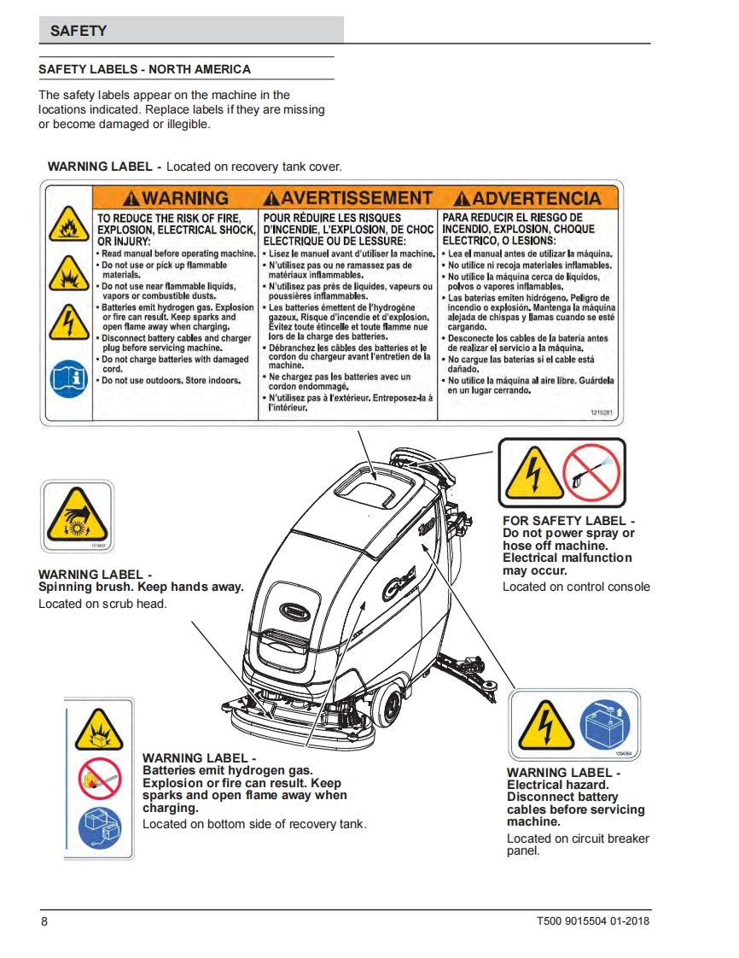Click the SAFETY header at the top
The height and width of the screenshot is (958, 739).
tap(79, 31)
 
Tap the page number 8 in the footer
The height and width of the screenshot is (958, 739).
tap(44, 921)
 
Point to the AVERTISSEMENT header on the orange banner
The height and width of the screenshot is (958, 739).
tap(348, 199)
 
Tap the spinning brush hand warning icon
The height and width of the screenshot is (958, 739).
tap(76, 516)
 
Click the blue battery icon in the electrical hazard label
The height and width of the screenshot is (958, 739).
tap(605, 725)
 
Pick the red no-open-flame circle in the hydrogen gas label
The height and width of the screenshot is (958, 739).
tap(99, 779)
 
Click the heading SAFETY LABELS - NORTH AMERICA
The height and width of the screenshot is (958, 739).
tap(145, 69)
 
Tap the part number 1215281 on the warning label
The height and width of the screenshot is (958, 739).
tap(601, 412)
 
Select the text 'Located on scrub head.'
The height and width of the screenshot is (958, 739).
tap(102, 604)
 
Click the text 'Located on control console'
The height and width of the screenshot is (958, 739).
tap(576, 587)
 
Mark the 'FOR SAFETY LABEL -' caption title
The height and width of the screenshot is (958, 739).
tap(568, 520)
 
